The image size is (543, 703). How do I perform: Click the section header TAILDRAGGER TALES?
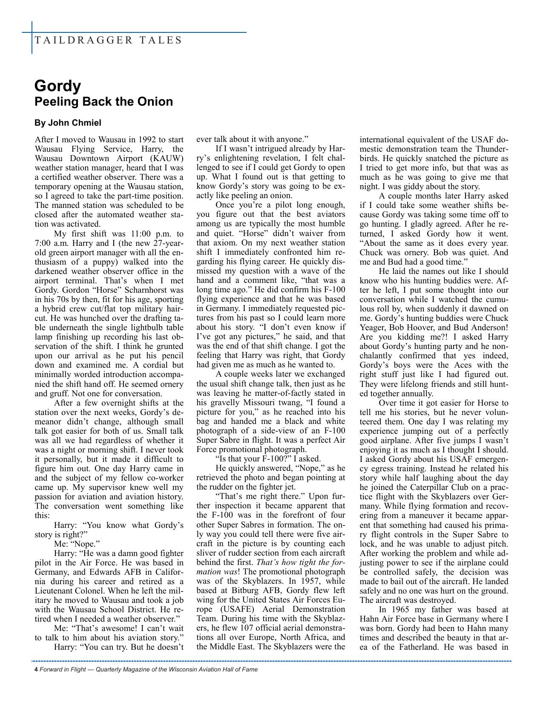pyautogui.click(x=108, y=40)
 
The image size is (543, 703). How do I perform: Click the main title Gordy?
pyautogui.click(x=57, y=86)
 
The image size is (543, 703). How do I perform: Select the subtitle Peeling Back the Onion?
pyautogui.click(x=103, y=102)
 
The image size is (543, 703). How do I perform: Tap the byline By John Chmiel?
pyautogui.click(x=68, y=123)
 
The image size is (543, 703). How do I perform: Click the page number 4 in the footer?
pyautogui.click(x=36, y=669)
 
